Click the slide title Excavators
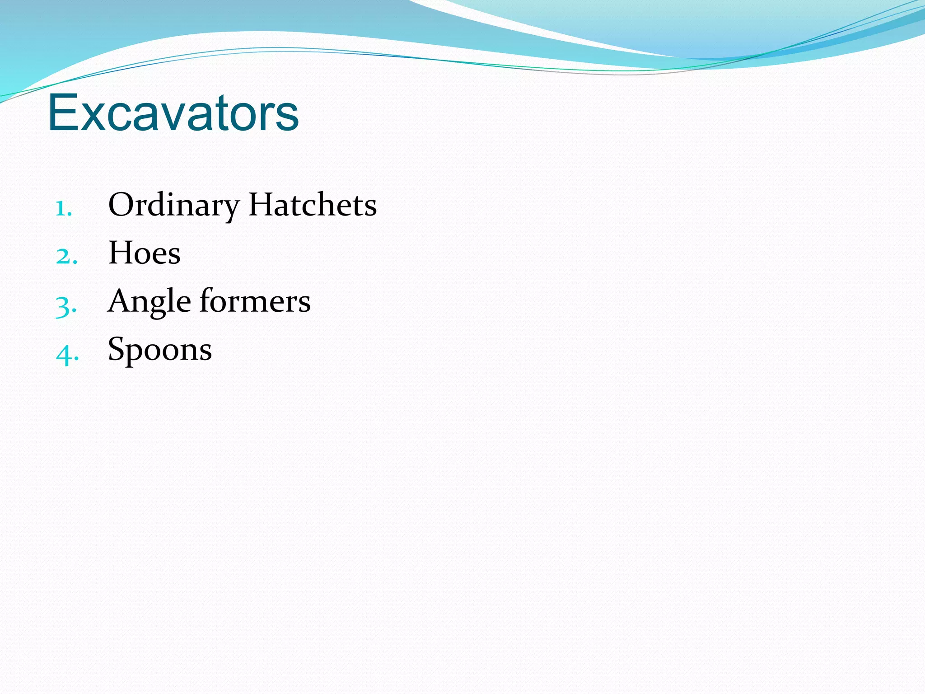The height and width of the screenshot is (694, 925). tap(173, 113)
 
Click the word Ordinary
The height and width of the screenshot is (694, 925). tap(173, 206)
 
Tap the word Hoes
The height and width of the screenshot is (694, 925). tap(145, 253)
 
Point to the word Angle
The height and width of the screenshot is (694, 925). tap(149, 301)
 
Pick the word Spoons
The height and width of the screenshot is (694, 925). tap(160, 349)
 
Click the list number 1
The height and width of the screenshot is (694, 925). tap(63, 209)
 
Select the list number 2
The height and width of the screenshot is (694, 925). tap(66, 257)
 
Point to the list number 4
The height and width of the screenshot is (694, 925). tap(67, 354)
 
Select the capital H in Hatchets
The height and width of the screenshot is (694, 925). tap(262, 205)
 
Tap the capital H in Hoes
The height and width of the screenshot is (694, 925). tap(122, 253)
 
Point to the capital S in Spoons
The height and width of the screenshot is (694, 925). tap(116, 348)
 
